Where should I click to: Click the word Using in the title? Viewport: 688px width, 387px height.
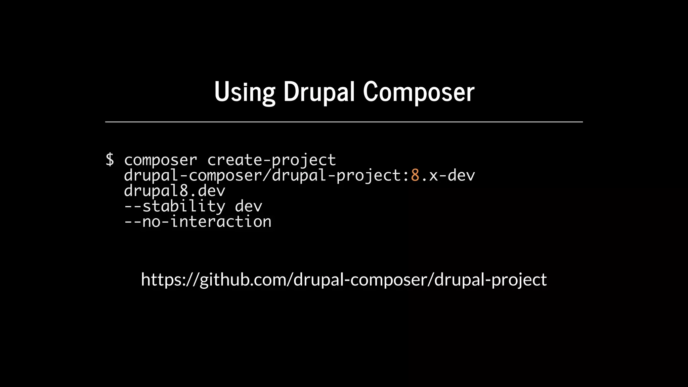click(x=245, y=92)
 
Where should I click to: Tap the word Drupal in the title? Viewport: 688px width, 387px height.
click(x=319, y=92)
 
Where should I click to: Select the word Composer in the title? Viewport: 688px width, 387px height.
click(x=419, y=92)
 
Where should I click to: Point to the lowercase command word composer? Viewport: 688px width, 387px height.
click(x=161, y=160)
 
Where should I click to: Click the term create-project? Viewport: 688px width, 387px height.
click(x=271, y=160)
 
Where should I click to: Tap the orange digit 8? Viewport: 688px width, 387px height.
click(x=415, y=175)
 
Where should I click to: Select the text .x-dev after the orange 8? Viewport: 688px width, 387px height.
click(x=447, y=175)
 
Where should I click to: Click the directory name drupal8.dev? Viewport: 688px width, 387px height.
click(x=174, y=191)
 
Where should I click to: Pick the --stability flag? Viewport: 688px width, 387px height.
click(x=174, y=206)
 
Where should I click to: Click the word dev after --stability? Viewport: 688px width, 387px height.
click(x=248, y=206)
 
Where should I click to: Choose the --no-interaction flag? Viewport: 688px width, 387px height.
click(x=198, y=222)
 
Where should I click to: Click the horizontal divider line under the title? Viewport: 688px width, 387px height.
click(x=344, y=122)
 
